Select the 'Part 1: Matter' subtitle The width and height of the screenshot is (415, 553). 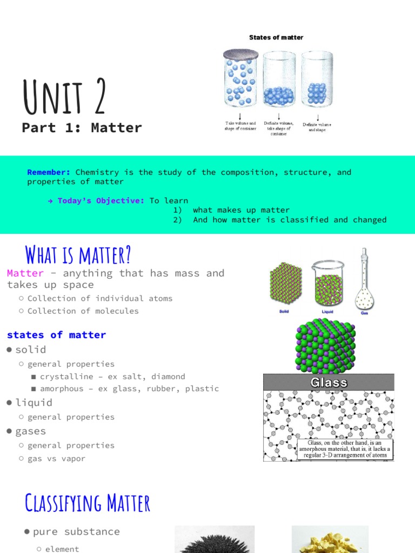82,128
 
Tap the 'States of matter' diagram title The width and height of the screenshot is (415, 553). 276,37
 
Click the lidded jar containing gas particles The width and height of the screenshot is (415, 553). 240,79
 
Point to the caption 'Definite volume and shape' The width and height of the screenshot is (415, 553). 317,127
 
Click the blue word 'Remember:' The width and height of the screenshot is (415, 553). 49,172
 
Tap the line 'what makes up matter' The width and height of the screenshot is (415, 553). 241,210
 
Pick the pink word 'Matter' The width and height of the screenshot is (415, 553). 25,273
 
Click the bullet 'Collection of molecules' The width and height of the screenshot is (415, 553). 83,311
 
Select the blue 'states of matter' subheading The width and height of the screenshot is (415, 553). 56,335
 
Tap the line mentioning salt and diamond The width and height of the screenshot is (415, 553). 112,376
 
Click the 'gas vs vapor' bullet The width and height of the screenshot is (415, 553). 56,458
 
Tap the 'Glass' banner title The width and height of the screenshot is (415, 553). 329,382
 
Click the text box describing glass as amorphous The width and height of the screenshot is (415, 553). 344,449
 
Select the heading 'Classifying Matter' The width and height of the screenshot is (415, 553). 88,503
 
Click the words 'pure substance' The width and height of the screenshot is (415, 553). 76,531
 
